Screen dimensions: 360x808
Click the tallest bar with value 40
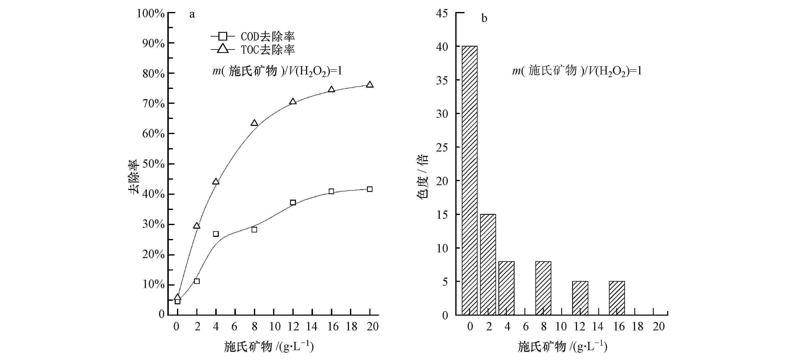[470, 180]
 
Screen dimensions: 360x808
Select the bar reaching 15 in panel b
[488, 264]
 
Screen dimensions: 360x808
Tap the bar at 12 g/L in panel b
[580, 298]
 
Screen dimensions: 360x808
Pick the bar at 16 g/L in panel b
[617, 298]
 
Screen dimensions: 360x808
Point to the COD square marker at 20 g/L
[370, 189]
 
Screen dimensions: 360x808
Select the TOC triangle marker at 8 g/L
[254, 123]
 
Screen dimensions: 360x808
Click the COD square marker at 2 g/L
[197, 281]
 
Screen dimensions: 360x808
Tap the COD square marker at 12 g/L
[293, 202]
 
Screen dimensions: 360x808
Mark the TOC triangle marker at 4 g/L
[216, 182]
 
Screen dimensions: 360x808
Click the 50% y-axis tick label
[153, 164]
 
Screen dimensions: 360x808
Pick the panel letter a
[192, 15]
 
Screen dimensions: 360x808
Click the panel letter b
[484, 18]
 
